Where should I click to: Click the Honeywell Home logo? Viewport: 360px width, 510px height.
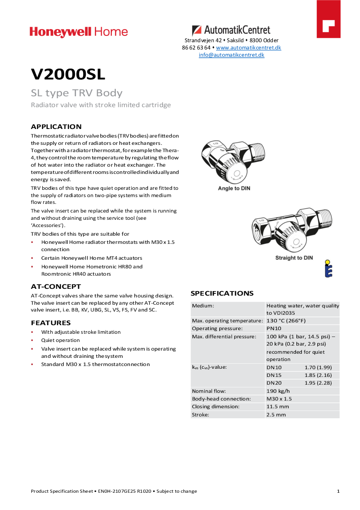tap(79, 32)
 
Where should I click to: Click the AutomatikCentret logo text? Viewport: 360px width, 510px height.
tap(231, 30)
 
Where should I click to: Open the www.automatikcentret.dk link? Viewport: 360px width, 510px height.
tap(248, 47)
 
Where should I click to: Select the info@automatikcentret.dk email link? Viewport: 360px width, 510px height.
tap(232, 55)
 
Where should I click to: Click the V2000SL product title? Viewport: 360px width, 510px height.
tap(68, 74)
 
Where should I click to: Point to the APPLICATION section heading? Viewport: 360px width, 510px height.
tap(56, 127)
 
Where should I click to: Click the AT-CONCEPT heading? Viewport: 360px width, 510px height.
tap(56, 287)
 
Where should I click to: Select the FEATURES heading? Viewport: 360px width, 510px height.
tap(51, 323)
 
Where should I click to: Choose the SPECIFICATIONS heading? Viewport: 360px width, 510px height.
tap(222, 293)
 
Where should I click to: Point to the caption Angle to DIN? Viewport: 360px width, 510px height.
tap(234, 188)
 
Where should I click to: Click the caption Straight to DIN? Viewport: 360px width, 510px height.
tap(294, 258)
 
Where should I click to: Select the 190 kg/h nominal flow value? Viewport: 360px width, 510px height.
tap(278, 391)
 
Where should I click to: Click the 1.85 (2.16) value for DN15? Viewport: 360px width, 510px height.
tap(318, 375)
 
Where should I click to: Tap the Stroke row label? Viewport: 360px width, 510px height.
tap(200, 415)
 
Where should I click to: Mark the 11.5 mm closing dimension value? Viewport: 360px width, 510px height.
tap(277, 406)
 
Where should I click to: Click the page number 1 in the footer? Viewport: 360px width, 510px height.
tap(338, 491)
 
